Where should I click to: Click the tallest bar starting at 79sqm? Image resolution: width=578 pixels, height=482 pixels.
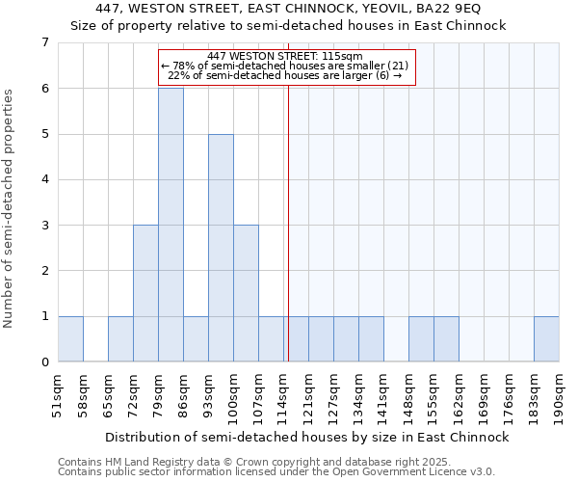coord(171,225)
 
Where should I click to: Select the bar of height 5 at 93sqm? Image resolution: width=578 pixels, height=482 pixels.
coord(221,248)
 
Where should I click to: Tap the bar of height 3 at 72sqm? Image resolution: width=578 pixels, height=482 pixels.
coord(145,293)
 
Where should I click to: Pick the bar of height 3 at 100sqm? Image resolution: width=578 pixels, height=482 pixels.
coord(246,293)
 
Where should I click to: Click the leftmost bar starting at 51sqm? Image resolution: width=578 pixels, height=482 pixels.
coord(70,338)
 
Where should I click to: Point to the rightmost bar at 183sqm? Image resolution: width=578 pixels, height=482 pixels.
coord(546,338)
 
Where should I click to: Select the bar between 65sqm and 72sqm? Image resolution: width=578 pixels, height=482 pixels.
coord(120,338)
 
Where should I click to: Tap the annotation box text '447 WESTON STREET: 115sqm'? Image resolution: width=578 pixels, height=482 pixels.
coord(285,57)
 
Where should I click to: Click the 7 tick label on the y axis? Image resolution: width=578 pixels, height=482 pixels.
coord(44,42)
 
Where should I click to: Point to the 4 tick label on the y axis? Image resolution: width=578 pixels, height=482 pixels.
coord(44,179)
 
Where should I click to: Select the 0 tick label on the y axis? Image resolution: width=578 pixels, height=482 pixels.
coord(44,362)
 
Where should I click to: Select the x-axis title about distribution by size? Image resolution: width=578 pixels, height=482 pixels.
coord(307,437)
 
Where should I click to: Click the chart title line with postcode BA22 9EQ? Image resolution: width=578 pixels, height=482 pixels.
coord(288,9)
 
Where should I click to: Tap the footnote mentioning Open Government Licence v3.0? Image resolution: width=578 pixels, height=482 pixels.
coord(276,471)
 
